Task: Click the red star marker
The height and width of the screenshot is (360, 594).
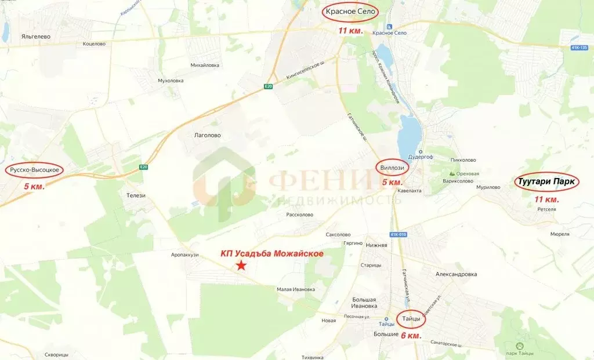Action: point(241,266)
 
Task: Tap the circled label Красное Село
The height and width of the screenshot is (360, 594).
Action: point(350,12)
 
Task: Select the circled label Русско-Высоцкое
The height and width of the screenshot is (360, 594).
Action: point(34,170)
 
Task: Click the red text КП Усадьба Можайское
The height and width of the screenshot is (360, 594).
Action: point(272,253)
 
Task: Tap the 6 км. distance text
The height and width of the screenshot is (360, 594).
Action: point(411,336)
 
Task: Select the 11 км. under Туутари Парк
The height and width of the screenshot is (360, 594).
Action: point(546,199)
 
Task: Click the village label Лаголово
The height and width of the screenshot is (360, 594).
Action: point(207,136)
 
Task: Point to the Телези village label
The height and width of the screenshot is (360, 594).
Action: point(136,195)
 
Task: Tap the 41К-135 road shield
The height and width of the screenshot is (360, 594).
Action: point(578,48)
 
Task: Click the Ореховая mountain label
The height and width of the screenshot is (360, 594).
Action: point(468,173)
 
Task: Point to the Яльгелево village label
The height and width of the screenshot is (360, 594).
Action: point(36,37)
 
